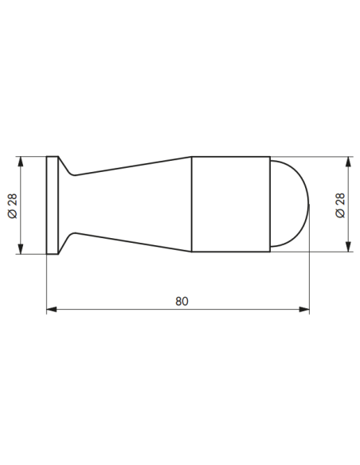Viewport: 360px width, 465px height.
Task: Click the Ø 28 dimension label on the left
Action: pos(13,205)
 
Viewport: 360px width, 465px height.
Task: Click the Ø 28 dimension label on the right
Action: pos(340,205)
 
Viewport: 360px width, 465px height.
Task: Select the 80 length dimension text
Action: pos(182,301)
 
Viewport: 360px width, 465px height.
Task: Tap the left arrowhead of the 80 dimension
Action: pos(52,309)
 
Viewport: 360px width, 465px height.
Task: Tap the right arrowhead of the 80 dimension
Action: pos(304,309)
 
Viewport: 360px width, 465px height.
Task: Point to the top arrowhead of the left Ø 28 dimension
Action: pos(21,162)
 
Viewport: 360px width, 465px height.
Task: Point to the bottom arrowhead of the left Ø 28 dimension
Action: pos(21,249)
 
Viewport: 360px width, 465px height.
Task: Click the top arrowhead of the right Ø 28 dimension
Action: pos(348,162)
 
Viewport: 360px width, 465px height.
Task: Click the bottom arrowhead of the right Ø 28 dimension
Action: pos(348,247)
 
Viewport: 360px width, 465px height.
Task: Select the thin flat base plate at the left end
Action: pos(53,205)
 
